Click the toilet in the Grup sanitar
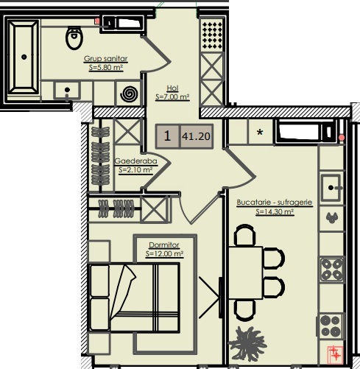[x=74, y=38]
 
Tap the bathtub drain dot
[x=24, y=57]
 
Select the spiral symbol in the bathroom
[x=129, y=94]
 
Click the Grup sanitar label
[x=106, y=59]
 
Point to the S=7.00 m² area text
[x=172, y=97]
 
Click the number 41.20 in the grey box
[x=196, y=136]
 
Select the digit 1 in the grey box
[x=167, y=136]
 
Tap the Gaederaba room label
[x=135, y=161]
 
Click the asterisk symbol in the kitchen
[x=260, y=133]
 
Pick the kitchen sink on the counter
[x=331, y=188]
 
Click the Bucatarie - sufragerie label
[x=275, y=203]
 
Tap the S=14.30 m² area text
[x=275, y=211]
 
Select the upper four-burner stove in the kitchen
[x=331, y=270]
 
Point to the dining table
[x=246, y=273]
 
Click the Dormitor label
[x=164, y=245]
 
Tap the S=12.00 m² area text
[x=164, y=253]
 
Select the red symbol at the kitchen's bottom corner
[x=336, y=354]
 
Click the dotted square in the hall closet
[x=212, y=35]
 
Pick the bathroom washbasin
[x=67, y=91]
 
